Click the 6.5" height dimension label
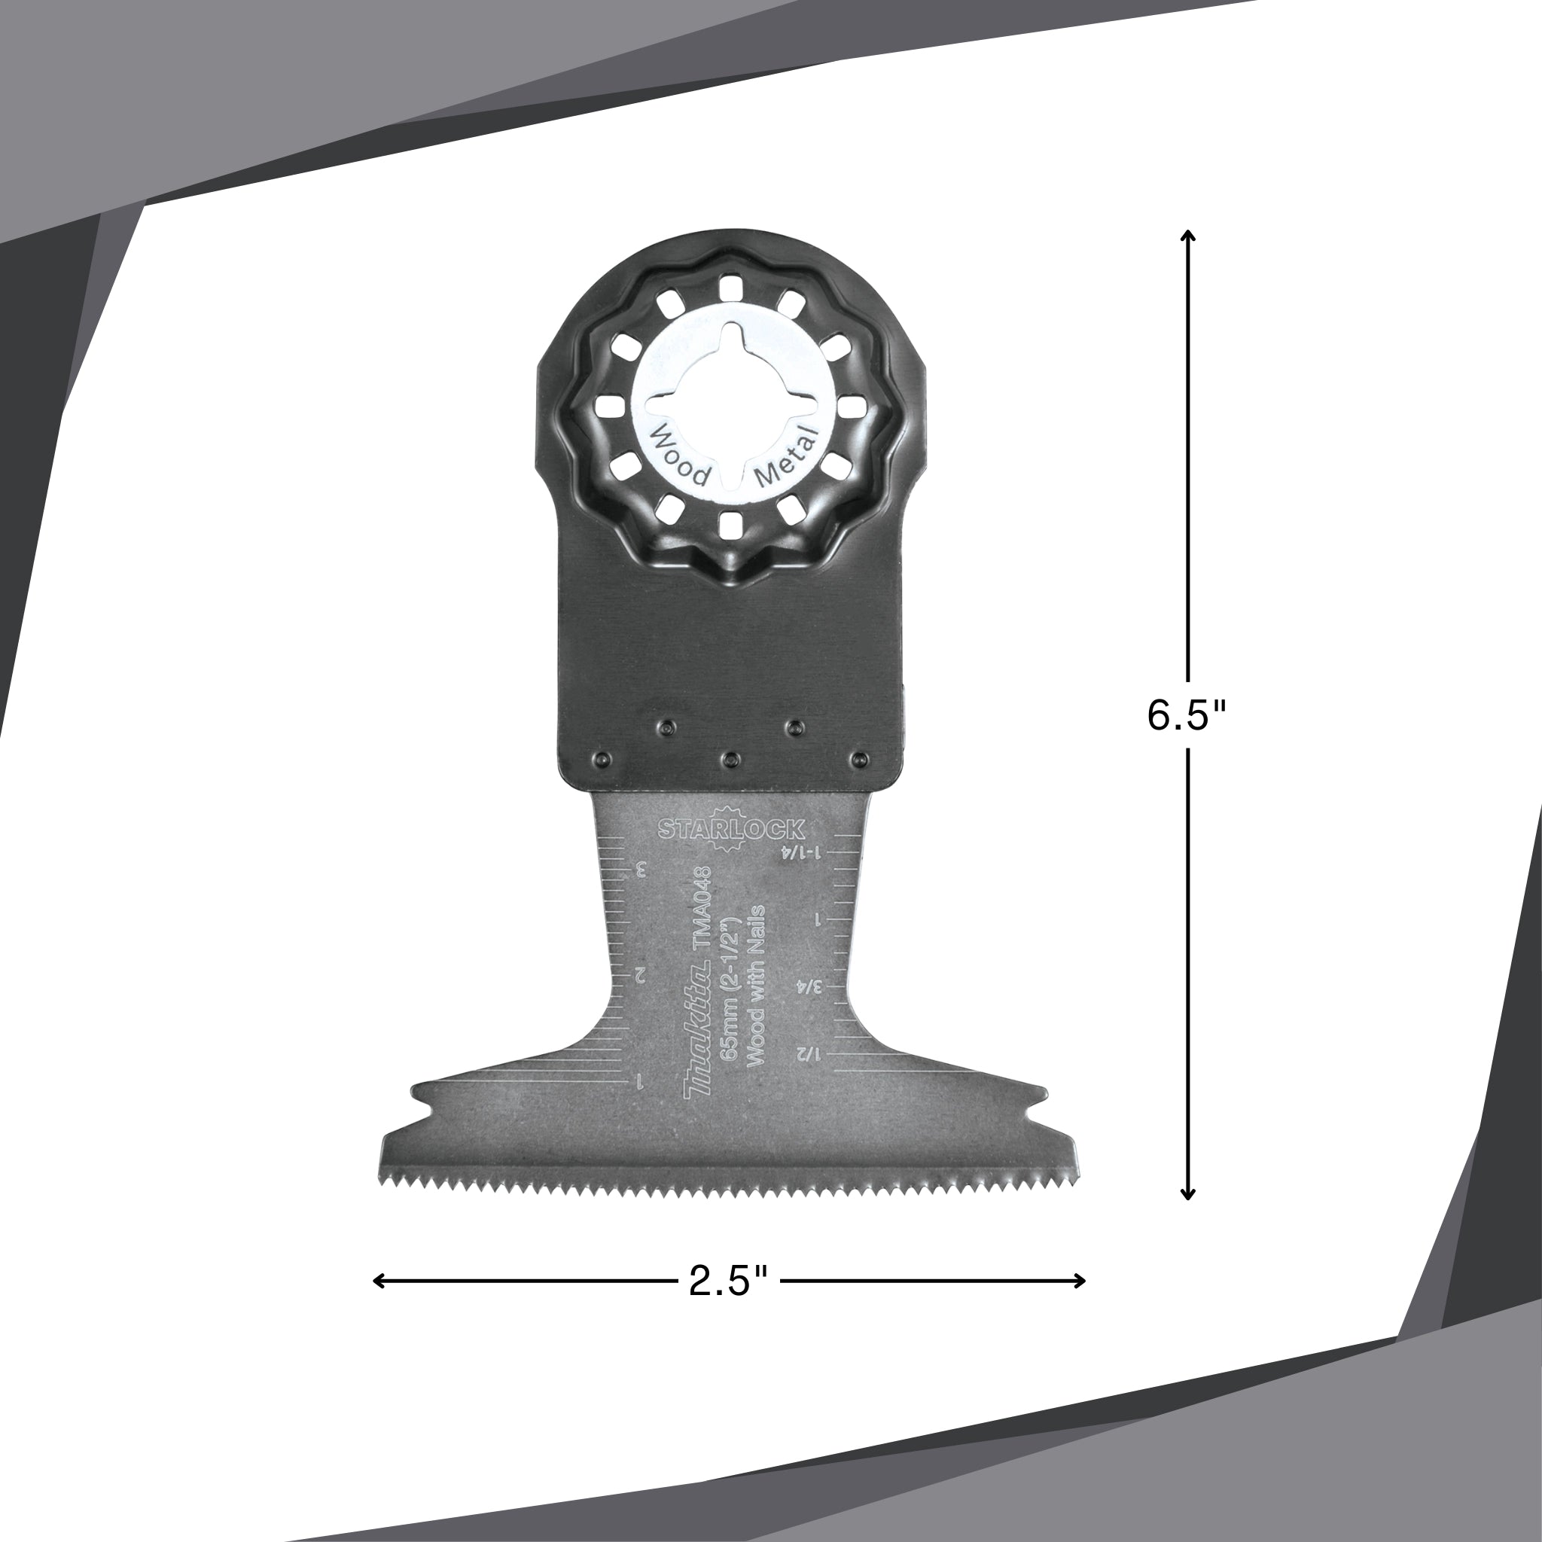coord(1185,716)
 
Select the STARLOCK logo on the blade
coord(731,829)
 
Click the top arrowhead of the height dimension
coord(1187,235)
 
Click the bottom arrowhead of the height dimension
coord(1187,1218)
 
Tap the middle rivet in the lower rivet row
coord(729,757)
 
